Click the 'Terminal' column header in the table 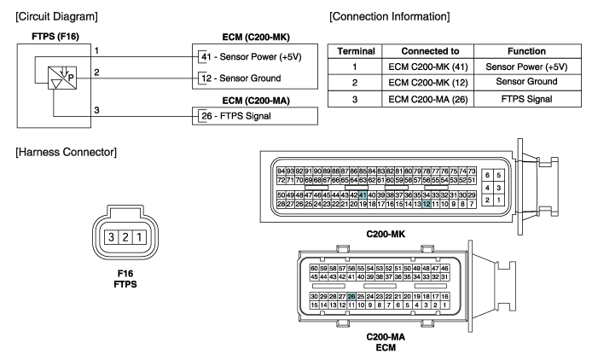(351, 51)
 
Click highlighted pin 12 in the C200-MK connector (427, 205)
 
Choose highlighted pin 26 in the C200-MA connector (351, 296)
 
